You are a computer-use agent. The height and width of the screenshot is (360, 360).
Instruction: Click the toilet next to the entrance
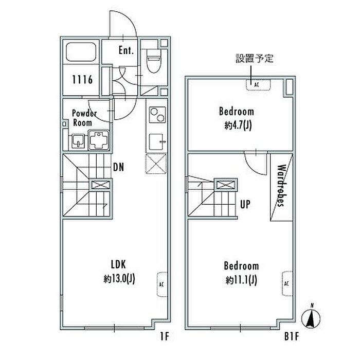tap(154, 61)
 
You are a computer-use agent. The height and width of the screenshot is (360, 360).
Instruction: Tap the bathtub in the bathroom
tap(81, 51)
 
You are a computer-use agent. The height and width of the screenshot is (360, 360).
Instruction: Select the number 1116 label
tap(82, 80)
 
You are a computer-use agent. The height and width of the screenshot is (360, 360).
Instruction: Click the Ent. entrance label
tap(126, 50)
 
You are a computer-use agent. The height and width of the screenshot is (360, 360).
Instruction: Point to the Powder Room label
tap(84, 118)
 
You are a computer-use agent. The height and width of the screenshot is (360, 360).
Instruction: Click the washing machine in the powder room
tap(99, 140)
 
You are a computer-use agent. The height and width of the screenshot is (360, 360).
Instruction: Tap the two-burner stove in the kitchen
tap(157, 115)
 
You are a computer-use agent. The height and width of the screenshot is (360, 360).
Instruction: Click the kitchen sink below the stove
tap(157, 142)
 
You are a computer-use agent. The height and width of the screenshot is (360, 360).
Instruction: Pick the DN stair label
tap(118, 167)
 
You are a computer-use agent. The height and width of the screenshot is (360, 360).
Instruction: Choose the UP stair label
tap(245, 204)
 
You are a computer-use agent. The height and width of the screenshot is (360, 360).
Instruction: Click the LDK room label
tap(118, 264)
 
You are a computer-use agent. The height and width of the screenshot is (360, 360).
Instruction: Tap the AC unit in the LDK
tap(162, 284)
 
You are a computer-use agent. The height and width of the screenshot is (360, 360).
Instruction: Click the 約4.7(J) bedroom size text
tap(238, 125)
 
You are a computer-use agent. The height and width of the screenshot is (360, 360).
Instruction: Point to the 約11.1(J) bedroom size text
tap(241, 280)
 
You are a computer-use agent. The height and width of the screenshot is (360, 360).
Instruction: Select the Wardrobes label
tap(282, 186)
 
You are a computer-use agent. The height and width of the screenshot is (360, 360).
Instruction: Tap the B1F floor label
tap(292, 337)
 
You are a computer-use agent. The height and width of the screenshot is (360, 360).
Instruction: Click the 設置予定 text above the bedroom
tap(255, 58)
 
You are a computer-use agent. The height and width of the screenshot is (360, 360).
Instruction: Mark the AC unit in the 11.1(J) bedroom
tap(287, 284)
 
